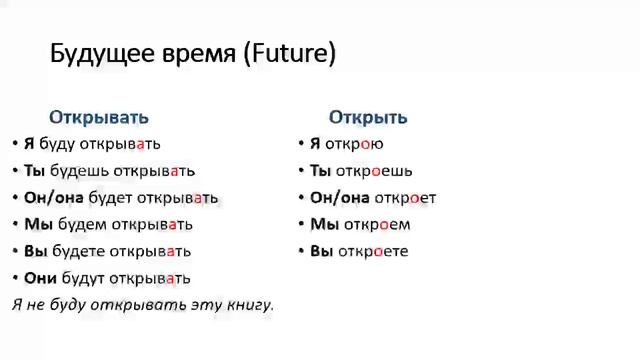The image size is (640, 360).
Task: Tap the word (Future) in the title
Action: (x=290, y=54)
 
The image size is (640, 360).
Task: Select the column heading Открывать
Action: (x=99, y=117)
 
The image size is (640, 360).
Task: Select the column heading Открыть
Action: (x=368, y=117)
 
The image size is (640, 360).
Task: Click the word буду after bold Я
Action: (x=58, y=144)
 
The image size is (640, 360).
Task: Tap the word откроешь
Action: (x=374, y=171)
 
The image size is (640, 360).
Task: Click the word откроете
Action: (x=372, y=252)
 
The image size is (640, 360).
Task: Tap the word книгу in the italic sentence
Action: (x=246, y=304)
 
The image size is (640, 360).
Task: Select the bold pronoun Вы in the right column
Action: (x=321, y=252)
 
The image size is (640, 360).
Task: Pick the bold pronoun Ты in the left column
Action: (x=35, y=171)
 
